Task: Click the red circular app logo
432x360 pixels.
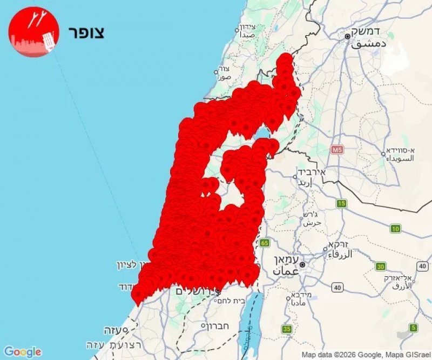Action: [33, 32]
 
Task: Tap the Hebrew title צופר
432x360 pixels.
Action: [86, 32]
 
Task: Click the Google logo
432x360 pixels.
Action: [22, 352]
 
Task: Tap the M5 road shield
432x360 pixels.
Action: [338, 149]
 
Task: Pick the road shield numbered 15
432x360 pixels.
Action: [341, 203]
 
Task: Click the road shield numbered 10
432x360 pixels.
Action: [396, 229]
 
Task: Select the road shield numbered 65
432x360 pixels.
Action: [264, 243]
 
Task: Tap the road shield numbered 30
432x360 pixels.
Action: [381, 266]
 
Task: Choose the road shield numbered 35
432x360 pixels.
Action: [287, 329]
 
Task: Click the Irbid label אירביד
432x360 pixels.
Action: [313, 172]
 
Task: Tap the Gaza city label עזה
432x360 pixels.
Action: [113, 330]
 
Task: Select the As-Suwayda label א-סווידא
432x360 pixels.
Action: [400, 150]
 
